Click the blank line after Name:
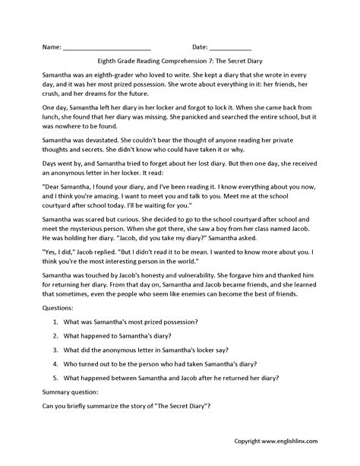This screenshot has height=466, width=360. pos(107,47)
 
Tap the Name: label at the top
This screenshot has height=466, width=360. pos(50,47)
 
